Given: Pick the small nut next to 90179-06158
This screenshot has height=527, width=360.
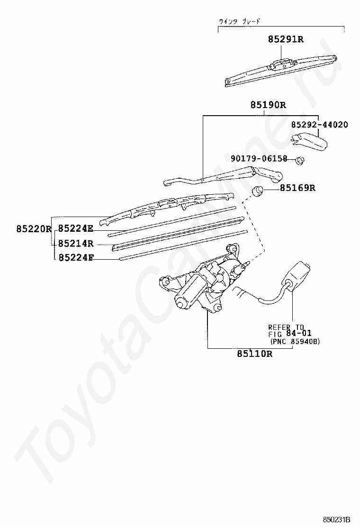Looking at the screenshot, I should pyautogui.click(x=300, y=160).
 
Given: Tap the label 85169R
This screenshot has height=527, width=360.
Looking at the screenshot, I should pyautogui.click(x=297, y=188).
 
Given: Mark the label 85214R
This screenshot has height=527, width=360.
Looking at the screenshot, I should pyautogui.click(x=75, y=244).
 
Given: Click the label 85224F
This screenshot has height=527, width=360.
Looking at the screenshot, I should pyautogui.click(x=75, y=258).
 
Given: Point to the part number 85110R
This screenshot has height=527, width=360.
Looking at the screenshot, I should pyautogui.click(x=254, y=354).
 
